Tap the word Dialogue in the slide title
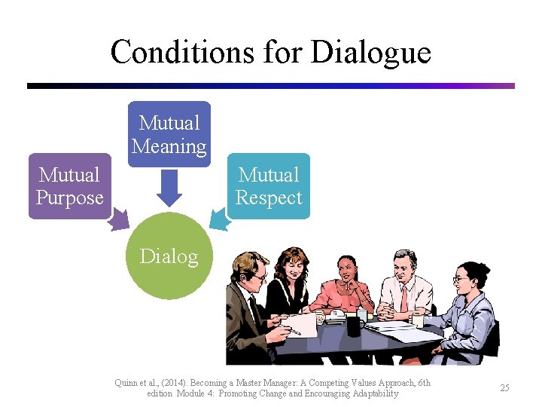[370, 53]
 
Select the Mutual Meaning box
[169, 134]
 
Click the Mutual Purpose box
[69, 186]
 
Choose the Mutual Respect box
[268, 186]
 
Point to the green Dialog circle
[169, 256]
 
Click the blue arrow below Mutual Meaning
[169, 188]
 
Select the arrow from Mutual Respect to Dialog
[220, 219]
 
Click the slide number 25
[504, 387]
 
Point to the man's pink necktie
[404, 298]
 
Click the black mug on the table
[354, 325]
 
